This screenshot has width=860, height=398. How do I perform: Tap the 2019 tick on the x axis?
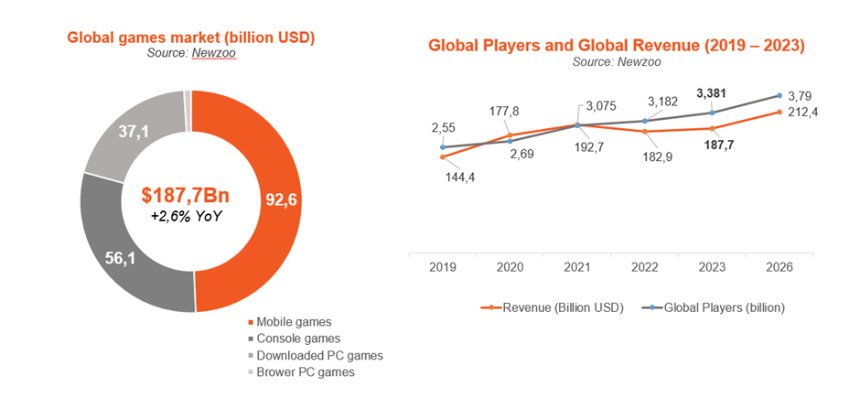[x=443, y=267]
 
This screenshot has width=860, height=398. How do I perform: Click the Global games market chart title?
[x=190, y=38]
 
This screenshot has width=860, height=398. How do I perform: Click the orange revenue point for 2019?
[x=443, y=157]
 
